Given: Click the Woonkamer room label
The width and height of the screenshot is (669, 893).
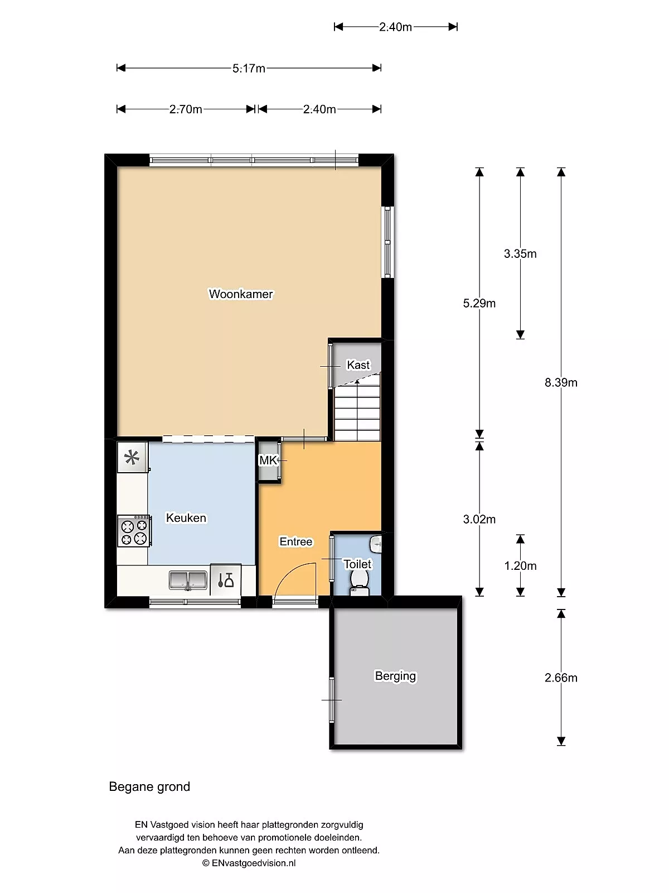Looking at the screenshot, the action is click(x=240, y=294).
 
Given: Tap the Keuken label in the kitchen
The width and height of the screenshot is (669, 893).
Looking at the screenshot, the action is click(x=186, y=517).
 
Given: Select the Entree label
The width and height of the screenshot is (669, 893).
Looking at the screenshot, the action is click(x=295, y=541).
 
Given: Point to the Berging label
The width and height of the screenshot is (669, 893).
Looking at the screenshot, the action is click(x=395, y=676).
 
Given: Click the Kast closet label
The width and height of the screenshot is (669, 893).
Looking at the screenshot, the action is click(x=358, y=365).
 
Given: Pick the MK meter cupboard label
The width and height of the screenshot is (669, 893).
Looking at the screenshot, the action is click(x=268, y=460).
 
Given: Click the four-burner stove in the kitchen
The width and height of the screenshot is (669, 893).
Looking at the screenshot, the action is click(x=134, y=531).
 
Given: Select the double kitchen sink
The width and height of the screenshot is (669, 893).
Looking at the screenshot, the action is click(x=188, y=580).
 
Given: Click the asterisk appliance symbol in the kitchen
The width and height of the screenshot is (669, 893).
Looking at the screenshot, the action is click(x=132, y=457).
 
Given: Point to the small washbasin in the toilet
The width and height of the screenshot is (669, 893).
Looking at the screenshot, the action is click(x=376, y=544).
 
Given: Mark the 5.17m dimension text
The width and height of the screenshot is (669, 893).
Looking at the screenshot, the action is click(x=249, y=68).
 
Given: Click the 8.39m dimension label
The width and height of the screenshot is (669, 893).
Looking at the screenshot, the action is click(x=561, y=382).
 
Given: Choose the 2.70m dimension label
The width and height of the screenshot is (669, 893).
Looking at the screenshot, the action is click(x=186, y=109).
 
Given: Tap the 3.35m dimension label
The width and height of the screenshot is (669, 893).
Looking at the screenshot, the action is click(x=520, y=253).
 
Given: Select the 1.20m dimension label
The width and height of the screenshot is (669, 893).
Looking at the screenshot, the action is click(x=520, y=565).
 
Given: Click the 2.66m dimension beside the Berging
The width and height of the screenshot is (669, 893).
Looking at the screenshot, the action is click(x=561, y=678).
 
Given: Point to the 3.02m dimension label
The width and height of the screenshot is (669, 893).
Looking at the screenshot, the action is click(x=479, y=519).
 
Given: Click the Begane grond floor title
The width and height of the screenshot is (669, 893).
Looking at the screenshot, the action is click(x=149, y=786).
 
